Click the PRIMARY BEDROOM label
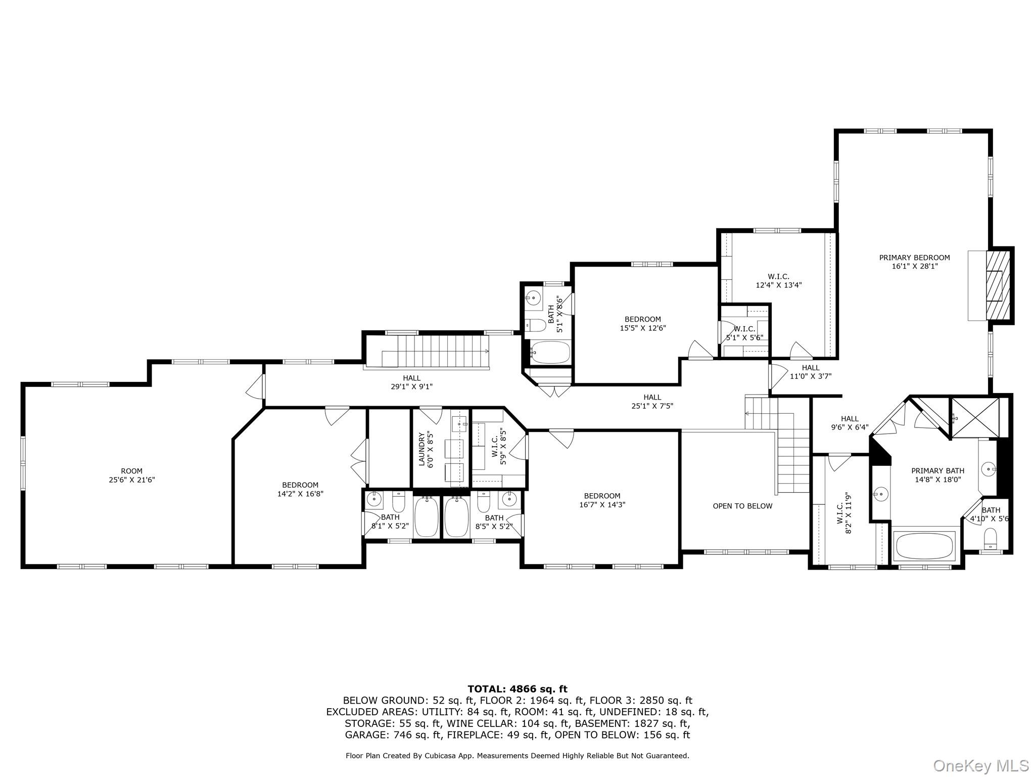click(914, 257)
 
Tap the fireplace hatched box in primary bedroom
click(1000, 285)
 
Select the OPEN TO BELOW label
click(742, 506)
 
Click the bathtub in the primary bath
click(924, 546)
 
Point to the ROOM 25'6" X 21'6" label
click(131, 475)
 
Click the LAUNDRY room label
click(422, 449)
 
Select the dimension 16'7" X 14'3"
click(602, 504)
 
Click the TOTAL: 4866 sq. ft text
click(517, 688)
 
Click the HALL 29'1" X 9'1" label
click(411, 382)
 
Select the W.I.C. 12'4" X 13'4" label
click(778, 280)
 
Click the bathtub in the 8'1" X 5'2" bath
click(427, 517)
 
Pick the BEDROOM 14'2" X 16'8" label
click(300, 489)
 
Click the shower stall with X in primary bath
click(975, 417)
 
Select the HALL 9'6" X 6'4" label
click(850, 422)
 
